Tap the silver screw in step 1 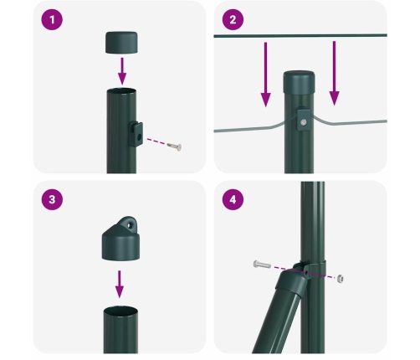(x=173, y=147)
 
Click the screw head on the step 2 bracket (x=303, y=123)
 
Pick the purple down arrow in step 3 (x=120, y=282)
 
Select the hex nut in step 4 (x=341, y=276)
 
